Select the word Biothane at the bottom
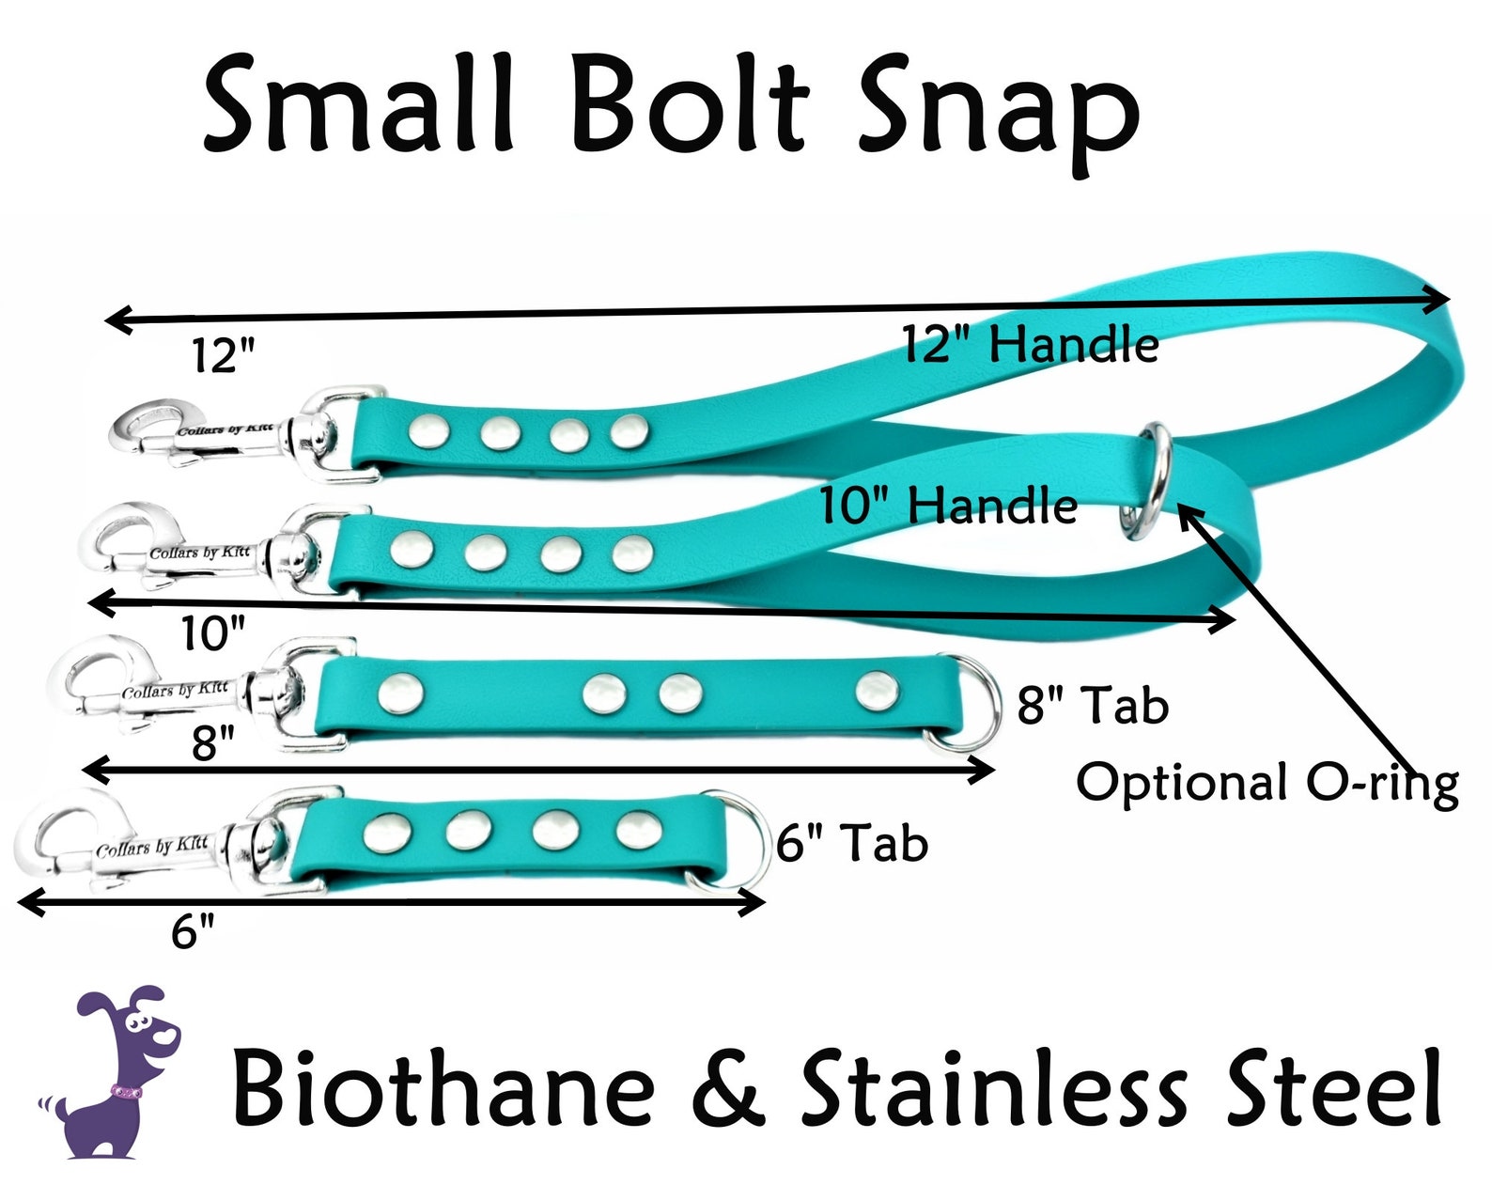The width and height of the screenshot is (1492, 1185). [443, 1086]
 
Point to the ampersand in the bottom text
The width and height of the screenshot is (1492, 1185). [728, 1088]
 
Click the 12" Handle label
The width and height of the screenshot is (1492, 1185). [1031, 344]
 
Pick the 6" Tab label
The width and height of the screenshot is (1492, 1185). [852, 842]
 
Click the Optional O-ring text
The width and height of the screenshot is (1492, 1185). [1267, 783]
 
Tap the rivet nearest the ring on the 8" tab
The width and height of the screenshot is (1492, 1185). [877, 692]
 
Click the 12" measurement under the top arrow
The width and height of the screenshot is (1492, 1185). [224, 356]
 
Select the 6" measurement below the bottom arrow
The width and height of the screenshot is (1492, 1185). [192, 930]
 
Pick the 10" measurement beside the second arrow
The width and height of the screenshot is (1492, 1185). [213, 632]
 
